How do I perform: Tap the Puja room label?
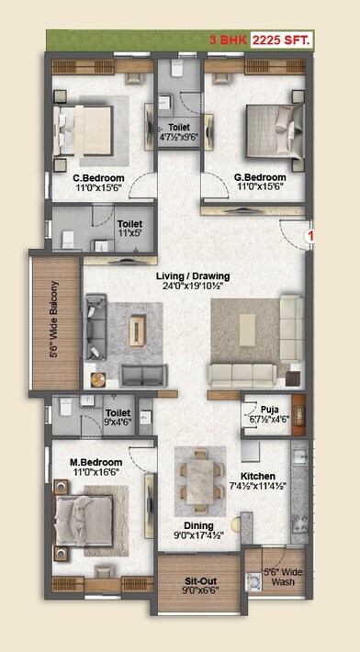click(x=269, y=410)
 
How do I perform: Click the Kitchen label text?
click(x=258, y=476)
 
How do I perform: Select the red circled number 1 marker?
click(x=311, y=237)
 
